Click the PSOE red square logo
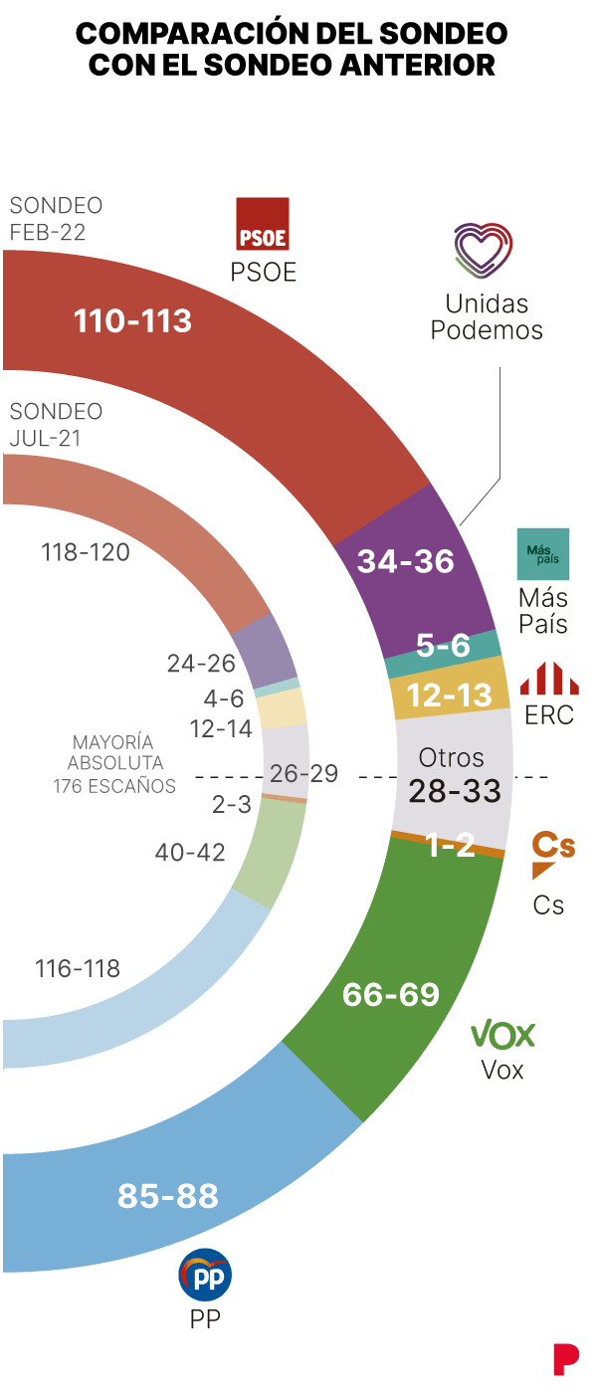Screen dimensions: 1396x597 pyautogui.click(x=262, y=224)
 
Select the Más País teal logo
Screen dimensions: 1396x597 pyautogui.click(x=543, y=554)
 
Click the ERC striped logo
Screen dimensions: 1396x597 pyautogui.click(x=549, y=679)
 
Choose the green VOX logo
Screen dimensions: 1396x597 pyautogui.click(x=502, y=1035)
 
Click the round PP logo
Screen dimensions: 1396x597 pyautogui.click(x=205, y=1276)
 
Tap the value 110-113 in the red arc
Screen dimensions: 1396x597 pyautogui.click(x=132, y=320)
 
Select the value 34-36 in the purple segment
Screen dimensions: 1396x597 pyautogui.click(x=406, y=561)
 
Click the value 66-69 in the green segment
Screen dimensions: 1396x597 pyautogui.click(x=391, y=994)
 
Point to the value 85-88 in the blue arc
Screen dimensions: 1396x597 pyautogui.click(x=167, y=1195)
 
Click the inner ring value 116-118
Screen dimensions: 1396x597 pyautogui.click(x=78, y=967)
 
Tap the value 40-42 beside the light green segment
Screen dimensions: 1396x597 pyautogui.click(x=190, y=852)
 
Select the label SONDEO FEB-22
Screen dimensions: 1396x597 pyautogui.click(x=56, y=219)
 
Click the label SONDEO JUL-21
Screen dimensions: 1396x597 pyautogui.click(x=56, y=425)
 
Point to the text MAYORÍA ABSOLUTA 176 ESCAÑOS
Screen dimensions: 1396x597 pyautogui.click(x=114, y=764)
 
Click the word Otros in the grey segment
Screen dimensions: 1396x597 pyautogui.click(x=451, y=757)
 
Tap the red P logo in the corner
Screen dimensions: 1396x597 pyautogui.click(x=566, y=1359)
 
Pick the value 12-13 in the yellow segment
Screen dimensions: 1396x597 pyautogui.click(x=450, y=695)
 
